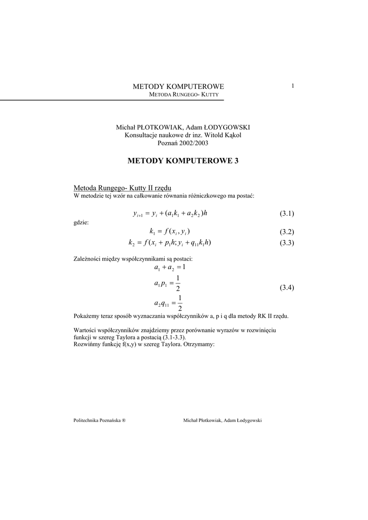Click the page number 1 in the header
click(293, 86)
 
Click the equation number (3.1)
click(287, 213)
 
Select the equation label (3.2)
click(287, 232)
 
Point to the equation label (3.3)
click(287, 243)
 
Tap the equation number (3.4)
click(287, 288)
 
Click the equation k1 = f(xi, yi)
click(170, 232)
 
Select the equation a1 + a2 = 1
click(170, 267)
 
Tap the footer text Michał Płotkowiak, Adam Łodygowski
click(222, 420)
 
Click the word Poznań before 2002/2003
click(169, 143)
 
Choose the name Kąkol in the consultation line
click(231, 135)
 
